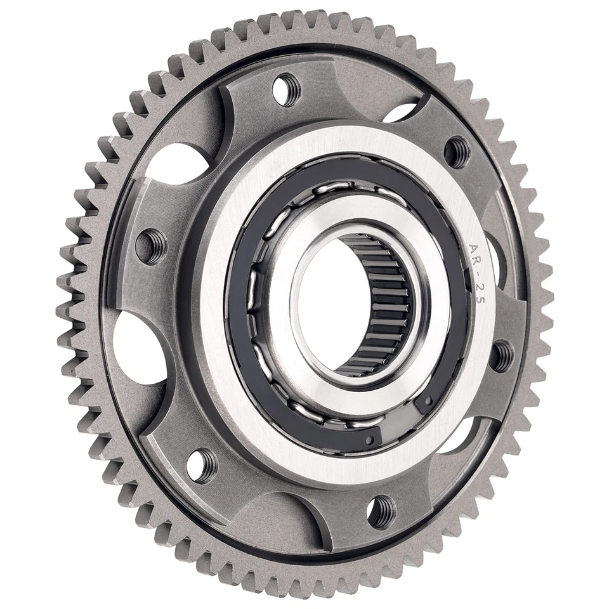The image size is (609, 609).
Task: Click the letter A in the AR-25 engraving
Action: pos(473,248)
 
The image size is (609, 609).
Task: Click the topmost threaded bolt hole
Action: pos(286,89)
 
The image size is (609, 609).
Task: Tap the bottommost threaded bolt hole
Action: pos(382,511)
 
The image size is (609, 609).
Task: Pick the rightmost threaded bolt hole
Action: pos(502,356)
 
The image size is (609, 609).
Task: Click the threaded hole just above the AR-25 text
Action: pos(457,152)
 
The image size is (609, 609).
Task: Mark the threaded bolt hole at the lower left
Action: pos(202,465)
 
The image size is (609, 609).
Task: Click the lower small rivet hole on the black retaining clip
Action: pos(370,440)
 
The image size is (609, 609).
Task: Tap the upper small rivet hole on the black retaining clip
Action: pos(429,401)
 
